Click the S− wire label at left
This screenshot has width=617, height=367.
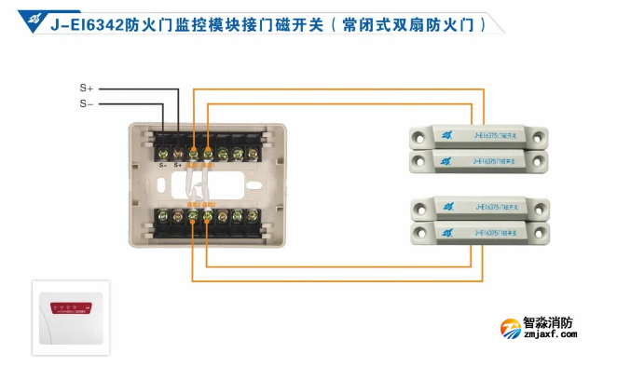86,103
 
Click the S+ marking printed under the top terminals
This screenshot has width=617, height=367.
177,165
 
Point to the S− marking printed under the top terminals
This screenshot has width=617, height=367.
162,165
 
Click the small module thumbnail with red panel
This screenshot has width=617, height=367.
71,317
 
